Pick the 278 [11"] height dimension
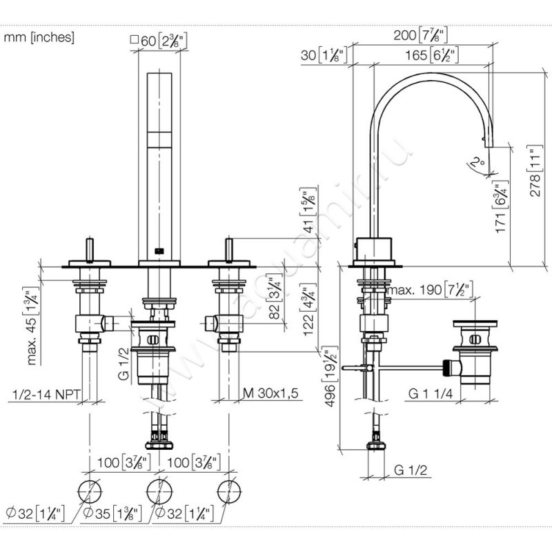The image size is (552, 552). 531,172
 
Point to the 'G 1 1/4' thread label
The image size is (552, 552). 428,394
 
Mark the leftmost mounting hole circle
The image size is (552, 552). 90,491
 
